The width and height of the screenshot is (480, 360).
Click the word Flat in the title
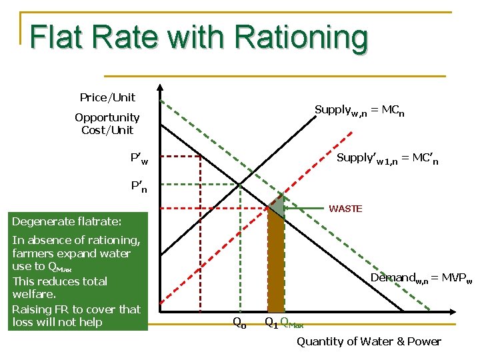click(55, 37)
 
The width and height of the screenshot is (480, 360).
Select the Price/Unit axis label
click(107, 97)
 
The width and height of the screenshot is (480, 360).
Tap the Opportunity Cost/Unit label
click(107, 124)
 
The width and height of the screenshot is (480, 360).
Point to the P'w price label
click(139, 159)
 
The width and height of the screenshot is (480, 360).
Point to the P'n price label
click(139, 187)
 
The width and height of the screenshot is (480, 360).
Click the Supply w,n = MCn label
click(359, 110)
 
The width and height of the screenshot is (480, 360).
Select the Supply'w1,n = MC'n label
click(387, 159)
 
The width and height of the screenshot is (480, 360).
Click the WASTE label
click(345, 209)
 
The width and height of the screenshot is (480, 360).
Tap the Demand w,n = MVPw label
click(421, 278)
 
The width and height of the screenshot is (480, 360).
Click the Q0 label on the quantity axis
click(239, 323)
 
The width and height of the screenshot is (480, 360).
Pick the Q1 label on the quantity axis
click(271, 323)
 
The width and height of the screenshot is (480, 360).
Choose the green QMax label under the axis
click(292, 324)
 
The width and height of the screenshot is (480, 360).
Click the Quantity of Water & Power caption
click(369, 341)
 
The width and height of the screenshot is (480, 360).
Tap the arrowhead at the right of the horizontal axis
click(451, 311)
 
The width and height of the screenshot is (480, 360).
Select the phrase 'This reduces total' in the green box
click(60, 281)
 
